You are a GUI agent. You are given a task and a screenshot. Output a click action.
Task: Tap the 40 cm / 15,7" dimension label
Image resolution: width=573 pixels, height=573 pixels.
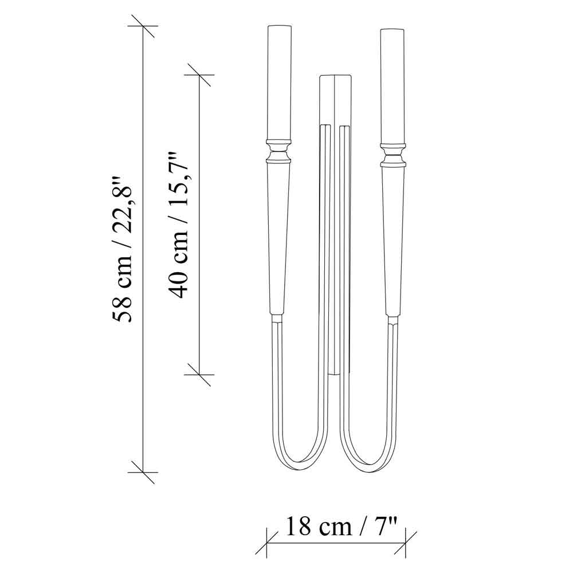(178, 225)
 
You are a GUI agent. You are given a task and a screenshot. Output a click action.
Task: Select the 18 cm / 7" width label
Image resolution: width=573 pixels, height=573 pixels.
(341, 527)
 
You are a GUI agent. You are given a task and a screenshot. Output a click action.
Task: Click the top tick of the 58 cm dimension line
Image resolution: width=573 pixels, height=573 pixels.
(143, 26)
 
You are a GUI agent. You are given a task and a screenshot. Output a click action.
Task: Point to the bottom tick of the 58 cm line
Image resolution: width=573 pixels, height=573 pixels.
(143, 473)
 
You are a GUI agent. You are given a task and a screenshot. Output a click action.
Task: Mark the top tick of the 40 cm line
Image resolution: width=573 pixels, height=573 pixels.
(199, 75)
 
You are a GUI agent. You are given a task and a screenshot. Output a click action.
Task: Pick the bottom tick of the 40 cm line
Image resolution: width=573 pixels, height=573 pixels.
(199, 375)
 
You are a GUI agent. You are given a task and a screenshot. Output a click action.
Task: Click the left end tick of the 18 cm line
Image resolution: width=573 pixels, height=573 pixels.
(267, 543)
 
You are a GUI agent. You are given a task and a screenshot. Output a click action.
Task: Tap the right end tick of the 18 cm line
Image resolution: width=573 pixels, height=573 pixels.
(406, 543)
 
